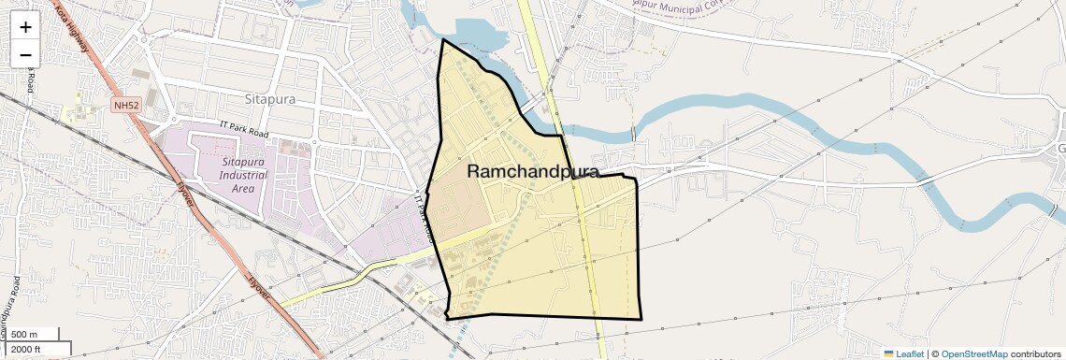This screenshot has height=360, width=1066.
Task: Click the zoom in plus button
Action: pos(26,27)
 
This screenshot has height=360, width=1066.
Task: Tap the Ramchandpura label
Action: pos(532,171)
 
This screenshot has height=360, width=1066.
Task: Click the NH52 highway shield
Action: pos(126,106)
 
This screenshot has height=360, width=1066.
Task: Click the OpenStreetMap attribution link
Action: pos(973,353)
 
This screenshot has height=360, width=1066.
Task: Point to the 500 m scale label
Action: pos(24,335)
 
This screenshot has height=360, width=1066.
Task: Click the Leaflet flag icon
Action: pos(889,353)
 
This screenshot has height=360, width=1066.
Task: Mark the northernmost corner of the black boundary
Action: pos(442,40)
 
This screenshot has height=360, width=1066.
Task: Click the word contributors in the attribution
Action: pos(1037,353)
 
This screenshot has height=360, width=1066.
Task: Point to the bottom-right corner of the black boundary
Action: pos(641,319)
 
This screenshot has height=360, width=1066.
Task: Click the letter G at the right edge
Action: pos(1061,150)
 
